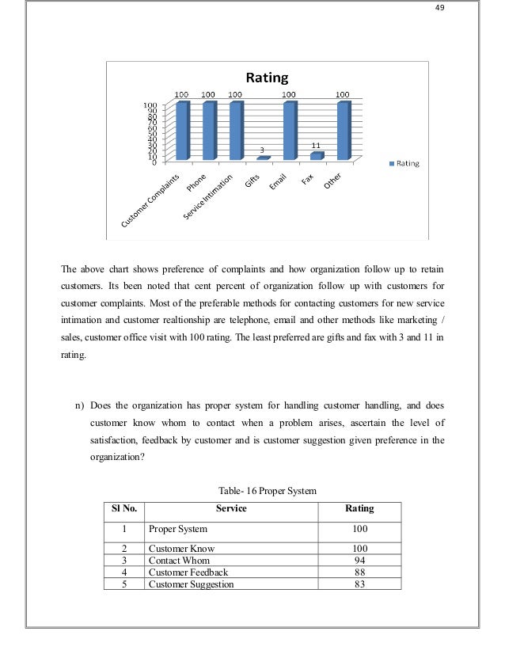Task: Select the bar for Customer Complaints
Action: (183, 131)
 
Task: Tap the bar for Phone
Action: (209, 131)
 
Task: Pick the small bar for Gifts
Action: (263, 158)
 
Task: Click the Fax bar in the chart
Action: (317, 156)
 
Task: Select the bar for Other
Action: (343, 131)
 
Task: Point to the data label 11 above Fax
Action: (316, 146)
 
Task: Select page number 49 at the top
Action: (464, 9)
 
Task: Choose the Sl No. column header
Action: (124, 508)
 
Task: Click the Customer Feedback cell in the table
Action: (188, 572)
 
